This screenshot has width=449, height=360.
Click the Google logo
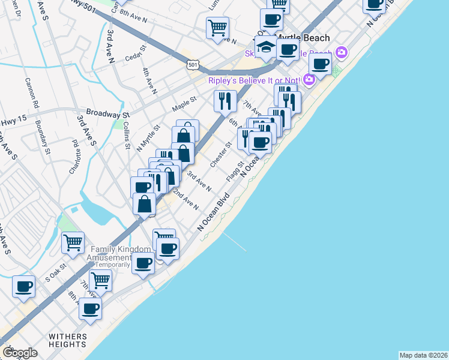point(20,352)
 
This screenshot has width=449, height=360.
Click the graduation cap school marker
point(265,46)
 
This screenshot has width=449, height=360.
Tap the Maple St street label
point(184,104)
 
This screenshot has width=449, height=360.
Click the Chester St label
point(221,155)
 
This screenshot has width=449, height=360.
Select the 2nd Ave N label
point(185,200)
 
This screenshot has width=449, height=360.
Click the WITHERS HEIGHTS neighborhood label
point(68,340)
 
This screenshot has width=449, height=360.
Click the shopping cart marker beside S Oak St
point(73,243)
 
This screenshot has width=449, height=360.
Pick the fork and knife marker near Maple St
point(224,100)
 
